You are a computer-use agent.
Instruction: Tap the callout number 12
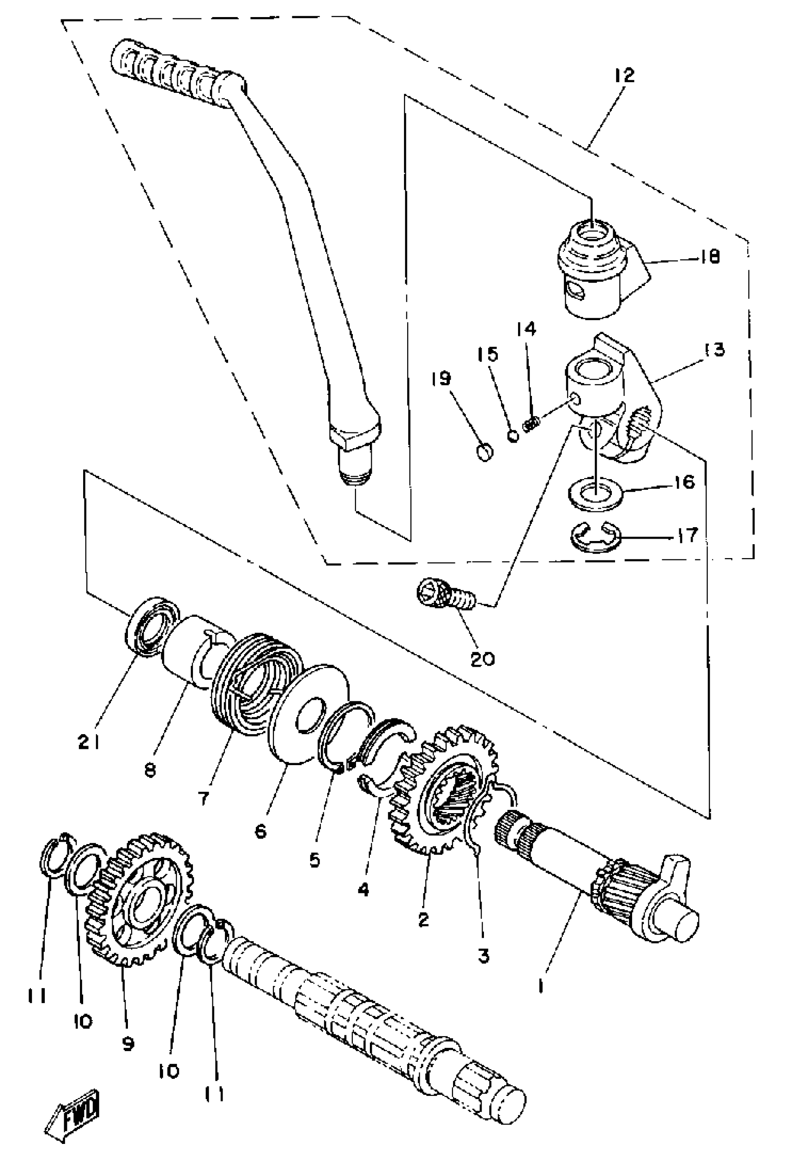coord(624,75)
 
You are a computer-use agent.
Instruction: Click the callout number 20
coord(483,659)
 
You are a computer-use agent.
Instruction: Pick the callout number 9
coord(128,1043)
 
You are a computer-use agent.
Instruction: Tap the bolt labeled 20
coord(444,595)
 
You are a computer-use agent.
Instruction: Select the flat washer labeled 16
coord(595,493)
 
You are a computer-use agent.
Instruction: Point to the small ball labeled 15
coord(513,436)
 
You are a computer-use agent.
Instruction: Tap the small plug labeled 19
coord(484,453)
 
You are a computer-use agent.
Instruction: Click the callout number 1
coord(540,985)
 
